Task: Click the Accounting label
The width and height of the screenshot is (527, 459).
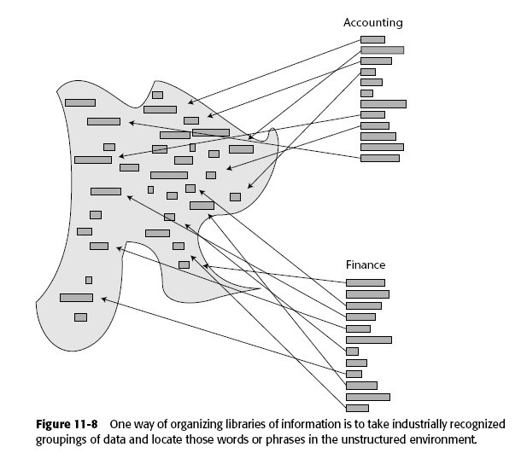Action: click(372, 22)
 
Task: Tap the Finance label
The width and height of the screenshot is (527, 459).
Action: click(365, 265)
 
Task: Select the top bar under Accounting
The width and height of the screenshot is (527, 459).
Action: click(372, 39)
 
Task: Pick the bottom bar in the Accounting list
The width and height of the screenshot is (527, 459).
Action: click(379, 158)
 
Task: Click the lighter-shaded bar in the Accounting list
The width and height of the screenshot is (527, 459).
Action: click(382, 50)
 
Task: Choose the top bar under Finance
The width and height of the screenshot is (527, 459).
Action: click(365, 282)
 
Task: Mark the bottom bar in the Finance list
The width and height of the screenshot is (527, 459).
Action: click(357, 408)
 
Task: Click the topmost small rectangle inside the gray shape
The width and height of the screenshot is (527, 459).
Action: click(157, 95)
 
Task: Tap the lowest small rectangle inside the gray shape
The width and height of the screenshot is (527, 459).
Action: click(80, 317)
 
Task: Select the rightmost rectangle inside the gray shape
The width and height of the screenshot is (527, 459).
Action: click(241, 148)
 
